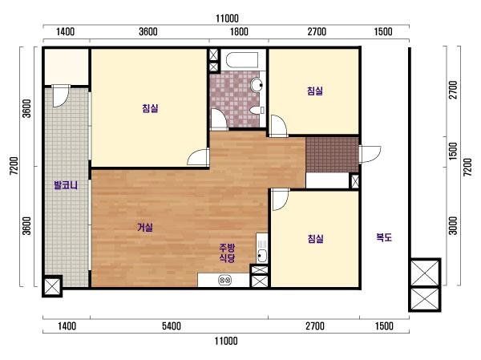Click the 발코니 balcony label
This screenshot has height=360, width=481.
[66, 185]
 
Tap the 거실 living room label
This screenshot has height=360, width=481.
[145, 228]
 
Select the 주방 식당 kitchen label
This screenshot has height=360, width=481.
[227, 253]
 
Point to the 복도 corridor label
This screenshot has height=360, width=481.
[384, 237]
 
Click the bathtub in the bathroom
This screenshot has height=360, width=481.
[242, 60]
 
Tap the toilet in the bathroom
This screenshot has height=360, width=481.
[257, 110]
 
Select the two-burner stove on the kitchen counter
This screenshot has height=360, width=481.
[224, 280]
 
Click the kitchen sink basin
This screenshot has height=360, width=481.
[262, 256]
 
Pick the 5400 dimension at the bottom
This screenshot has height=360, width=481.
[172, 326]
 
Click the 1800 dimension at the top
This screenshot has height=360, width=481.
[239, 31]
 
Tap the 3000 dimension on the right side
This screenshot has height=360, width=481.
[453, 225]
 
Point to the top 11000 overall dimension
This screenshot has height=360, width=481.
[227, 18]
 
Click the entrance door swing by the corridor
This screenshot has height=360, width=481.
[370, 155]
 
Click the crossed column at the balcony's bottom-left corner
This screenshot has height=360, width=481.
[52, 286]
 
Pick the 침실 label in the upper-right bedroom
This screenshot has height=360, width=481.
[315, 91]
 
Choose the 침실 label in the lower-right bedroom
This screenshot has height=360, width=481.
[315, 238]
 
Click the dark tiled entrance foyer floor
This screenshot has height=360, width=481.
[332, 155]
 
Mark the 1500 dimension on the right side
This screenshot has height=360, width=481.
[453, 151]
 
